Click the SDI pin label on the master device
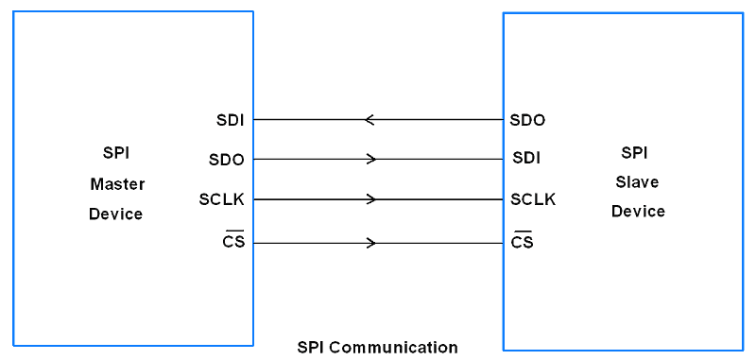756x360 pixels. pyautogui.click(x=231, y=120)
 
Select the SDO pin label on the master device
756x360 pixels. pyautogui.click(x=227, y=160)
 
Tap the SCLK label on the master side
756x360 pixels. pyautogui.click(x=222, y=199)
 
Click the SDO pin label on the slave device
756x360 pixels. pyautogui.click(x=527, y=120)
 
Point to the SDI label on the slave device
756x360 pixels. pyautogui.click(x=526, y=158)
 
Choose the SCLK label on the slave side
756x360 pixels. pyautogui.click(x=533, y=199)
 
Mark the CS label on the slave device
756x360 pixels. pyautogui.click(x=522, y=243)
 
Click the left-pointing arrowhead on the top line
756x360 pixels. pyautogui.click(x=369, y=120)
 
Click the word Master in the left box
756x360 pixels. pyautogui.click(x=117, y=183)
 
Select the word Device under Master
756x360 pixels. pyautogui.click(x=115, y=214)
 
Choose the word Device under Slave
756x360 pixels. pyautogui.click(x=638, y=211)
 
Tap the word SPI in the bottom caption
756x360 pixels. pyautogui.click(x=311, y=348)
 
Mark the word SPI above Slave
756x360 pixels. pyautogui.click(x=635, y=152)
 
